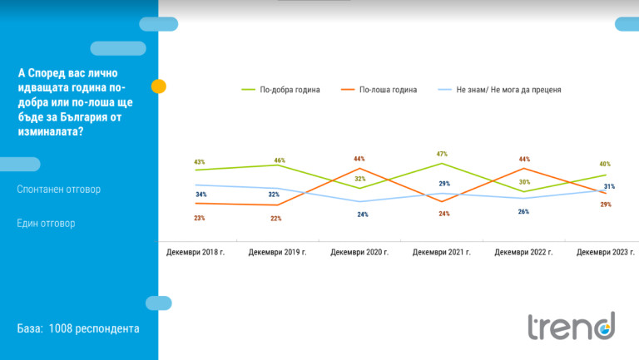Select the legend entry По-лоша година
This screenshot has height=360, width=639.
[388, 88]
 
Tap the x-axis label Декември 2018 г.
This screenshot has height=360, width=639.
[196, 251]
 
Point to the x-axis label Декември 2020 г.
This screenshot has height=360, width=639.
[359, 251]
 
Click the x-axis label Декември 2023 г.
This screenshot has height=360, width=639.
[606, 251]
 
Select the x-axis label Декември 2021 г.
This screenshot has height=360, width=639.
[442, 251]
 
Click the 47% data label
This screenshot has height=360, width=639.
[442, 154]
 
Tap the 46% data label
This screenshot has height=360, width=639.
[280, 160]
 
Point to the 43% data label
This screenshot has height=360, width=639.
[200, 162]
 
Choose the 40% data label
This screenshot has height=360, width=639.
[606, 164]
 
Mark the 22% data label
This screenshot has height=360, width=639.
[276, 219]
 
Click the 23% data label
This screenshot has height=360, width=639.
[200, 218]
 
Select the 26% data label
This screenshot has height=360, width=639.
[524, 211]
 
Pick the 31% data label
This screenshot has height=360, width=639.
[610, 186]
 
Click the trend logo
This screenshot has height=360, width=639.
[572, 326]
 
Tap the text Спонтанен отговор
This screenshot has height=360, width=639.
[58, 190]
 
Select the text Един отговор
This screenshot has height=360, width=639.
[47, 224]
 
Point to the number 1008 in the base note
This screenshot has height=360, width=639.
[62, 328]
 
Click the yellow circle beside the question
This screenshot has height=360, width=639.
[158, 86]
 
